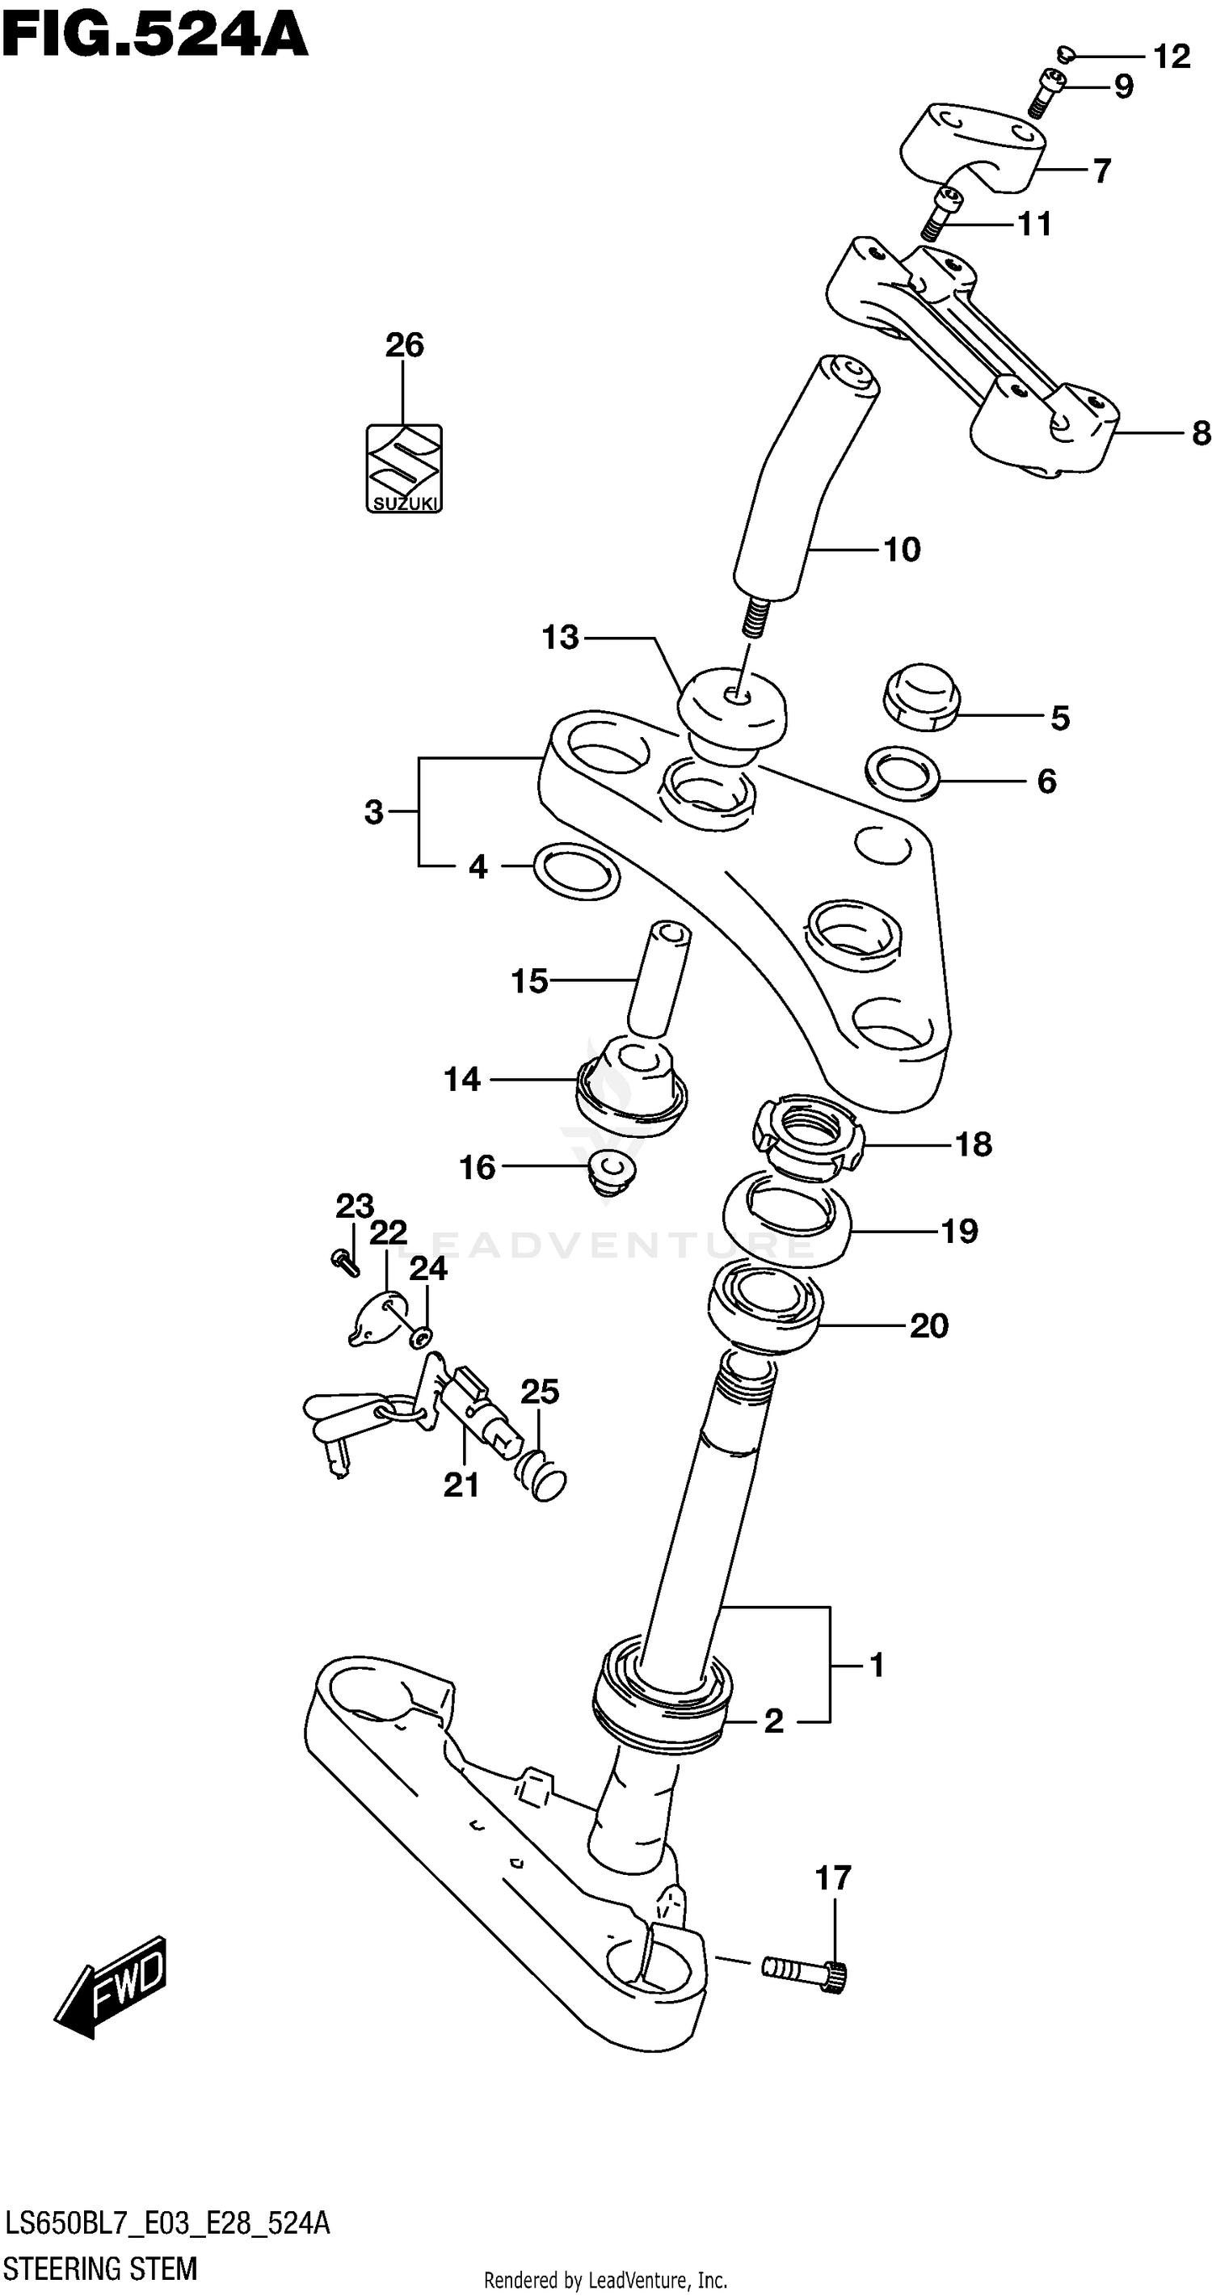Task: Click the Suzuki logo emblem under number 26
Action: pos(404,467)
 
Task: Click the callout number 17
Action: pos(832,1878)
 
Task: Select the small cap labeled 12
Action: pos(1065,55)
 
